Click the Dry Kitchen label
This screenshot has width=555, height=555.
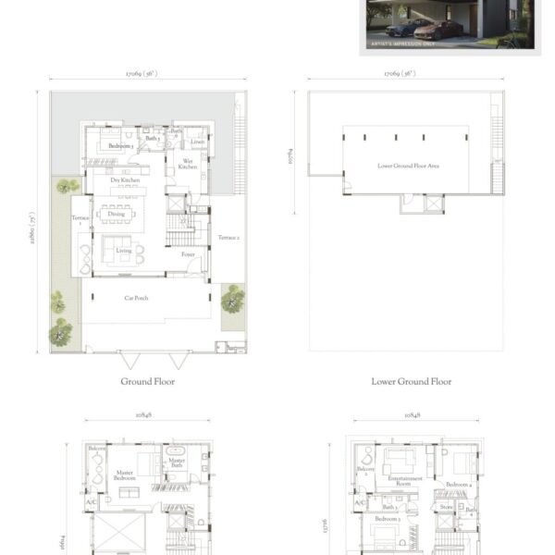(x=125, y=180)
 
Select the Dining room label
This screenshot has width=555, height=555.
(x=117, y=214)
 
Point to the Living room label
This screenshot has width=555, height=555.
(x=123, y=250)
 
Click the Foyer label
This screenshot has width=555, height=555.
(x=188, y=254)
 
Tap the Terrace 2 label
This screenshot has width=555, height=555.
(x=228, y=238)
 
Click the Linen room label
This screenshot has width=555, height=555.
(x=198, y=142)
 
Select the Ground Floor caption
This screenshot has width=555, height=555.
(x=148, y=381)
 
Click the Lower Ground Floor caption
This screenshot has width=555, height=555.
(x=412, y=381)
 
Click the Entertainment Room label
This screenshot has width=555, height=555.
(x=405, y=481)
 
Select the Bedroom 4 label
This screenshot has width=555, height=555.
(x=458, y=485)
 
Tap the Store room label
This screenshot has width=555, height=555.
(x=446, y=506)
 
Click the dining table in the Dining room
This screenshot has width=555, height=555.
(x=117, y=210)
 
